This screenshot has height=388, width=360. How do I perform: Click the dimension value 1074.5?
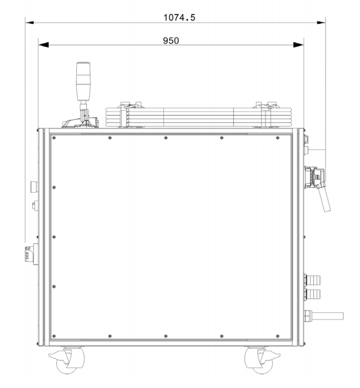point(180,17)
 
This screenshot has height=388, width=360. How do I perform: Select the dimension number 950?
point(171,41)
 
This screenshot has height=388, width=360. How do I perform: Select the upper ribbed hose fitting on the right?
point(313,278)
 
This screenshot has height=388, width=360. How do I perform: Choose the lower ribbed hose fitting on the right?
point(313,294)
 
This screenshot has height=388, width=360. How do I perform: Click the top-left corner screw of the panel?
point(54,138)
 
